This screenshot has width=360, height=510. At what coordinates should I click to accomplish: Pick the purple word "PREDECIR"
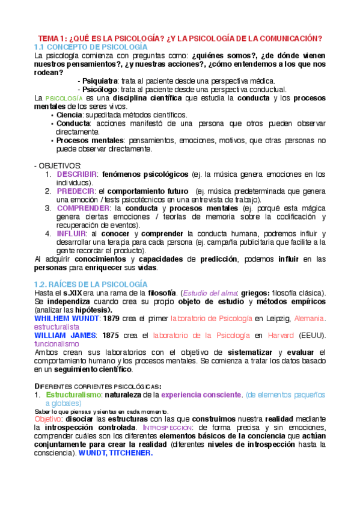(x=76, y=191)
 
